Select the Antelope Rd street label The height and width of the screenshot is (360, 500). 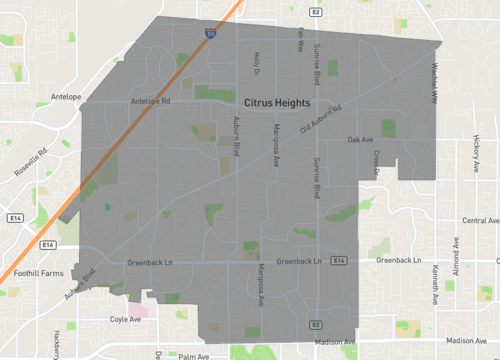[x=152, y=101]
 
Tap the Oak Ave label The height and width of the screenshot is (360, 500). [x=360, y=140]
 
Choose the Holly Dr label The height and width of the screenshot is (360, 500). [x=257, y=64]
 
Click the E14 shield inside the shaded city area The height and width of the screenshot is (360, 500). [x=340, y=261]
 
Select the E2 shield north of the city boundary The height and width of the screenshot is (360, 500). [x=315, y=12]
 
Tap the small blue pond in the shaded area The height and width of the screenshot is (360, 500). [x=107, y=207]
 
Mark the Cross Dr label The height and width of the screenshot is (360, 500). [x=377, y=162]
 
